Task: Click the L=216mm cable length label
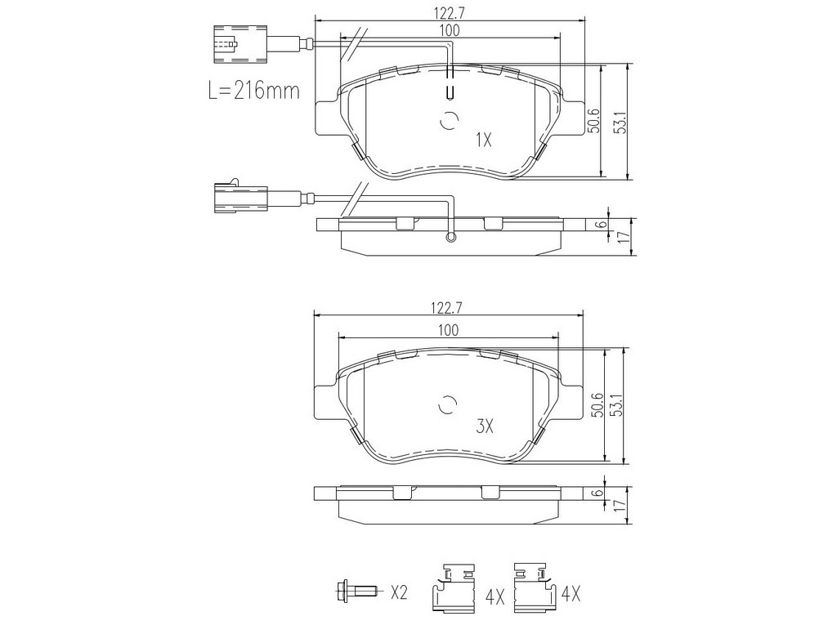253,90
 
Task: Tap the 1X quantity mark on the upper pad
483,141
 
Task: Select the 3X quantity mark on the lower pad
485,426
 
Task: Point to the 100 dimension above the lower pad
449,330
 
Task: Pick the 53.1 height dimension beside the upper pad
620,123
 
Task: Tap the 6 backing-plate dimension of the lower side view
599,493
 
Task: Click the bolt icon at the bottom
357,591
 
